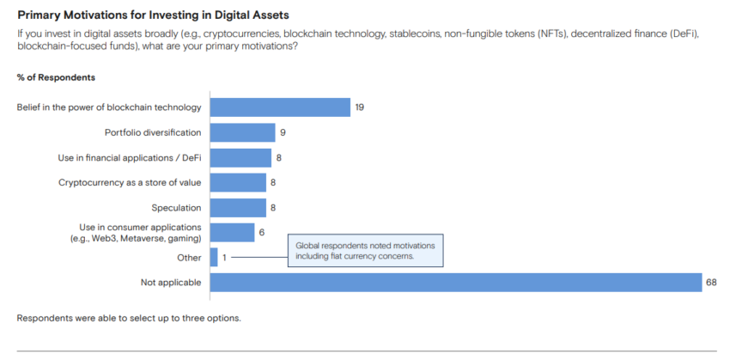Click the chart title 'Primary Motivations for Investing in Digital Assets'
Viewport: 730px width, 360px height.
click(x=153, y=15)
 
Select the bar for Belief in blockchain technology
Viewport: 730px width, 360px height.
click(x=280, y=107)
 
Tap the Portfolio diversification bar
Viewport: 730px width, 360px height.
click(x=242, y=132)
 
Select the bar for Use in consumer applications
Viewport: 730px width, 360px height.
click(x=232, y=232)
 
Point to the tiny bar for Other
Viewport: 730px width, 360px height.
click(x=214, y=257)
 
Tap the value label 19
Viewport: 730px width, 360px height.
click(x=360, y=107)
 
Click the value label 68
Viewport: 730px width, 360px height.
click(x=711, y=283)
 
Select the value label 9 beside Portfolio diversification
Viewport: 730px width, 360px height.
click(x=282, y=132)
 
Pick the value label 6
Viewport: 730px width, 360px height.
click(x=261, y=232)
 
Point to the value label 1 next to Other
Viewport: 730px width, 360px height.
click(x=224, y=257)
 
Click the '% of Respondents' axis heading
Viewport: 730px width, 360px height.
click(x=56, y=77)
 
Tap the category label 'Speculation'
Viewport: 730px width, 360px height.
click(x=176, y=207)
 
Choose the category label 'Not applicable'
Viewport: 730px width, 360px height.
click(x=171, y=283)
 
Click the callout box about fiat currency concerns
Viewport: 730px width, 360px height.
click(x=366, y=250)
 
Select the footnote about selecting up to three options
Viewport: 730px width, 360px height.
click(x=129, y=318)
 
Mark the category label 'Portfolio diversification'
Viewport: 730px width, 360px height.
click(x=154, y=132)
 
